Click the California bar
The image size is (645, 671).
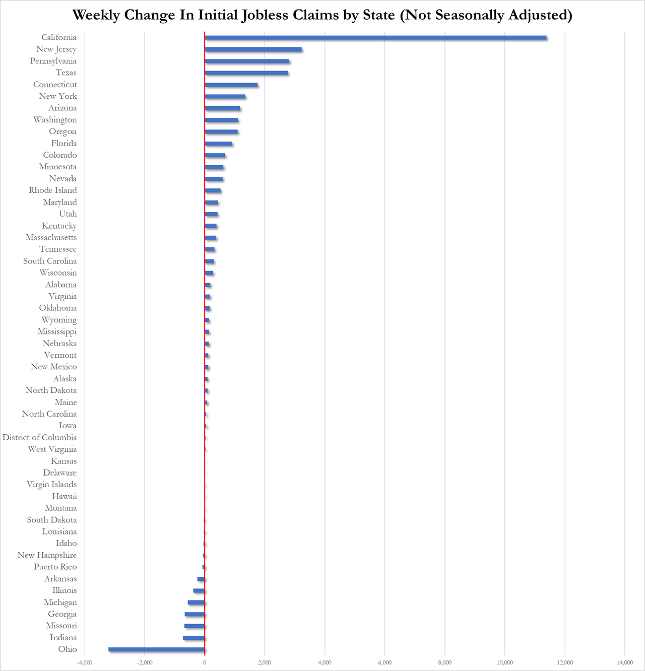click(x=375, y=37)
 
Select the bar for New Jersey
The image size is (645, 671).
click(x=253, y=49)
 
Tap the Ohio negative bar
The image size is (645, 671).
click(x=156, y=649)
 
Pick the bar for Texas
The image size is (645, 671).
click(x=246, y=73)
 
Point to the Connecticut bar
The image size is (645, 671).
click(x=231, y=85)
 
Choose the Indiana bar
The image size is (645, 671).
click(x=194, y=638)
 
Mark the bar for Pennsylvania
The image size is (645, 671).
click(x=247, y=61)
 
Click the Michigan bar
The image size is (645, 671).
click(x=196, y=602)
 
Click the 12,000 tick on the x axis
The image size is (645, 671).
click(x=565, y=662)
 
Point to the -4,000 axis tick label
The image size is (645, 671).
click(x=85, y=662)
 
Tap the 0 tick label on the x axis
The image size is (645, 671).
click(x=205, y=662)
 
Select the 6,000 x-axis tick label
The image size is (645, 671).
click(x=384, y=662)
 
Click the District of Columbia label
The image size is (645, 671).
click(x=40, y=437)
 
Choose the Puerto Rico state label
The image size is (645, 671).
click(x=55, y=567)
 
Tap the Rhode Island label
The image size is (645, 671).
click(x=53, y=190)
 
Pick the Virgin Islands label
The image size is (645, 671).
click(x=52, y=485)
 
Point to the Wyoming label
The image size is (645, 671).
click(x=59, y=320)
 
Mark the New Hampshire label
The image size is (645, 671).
click(x=47, y=555)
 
